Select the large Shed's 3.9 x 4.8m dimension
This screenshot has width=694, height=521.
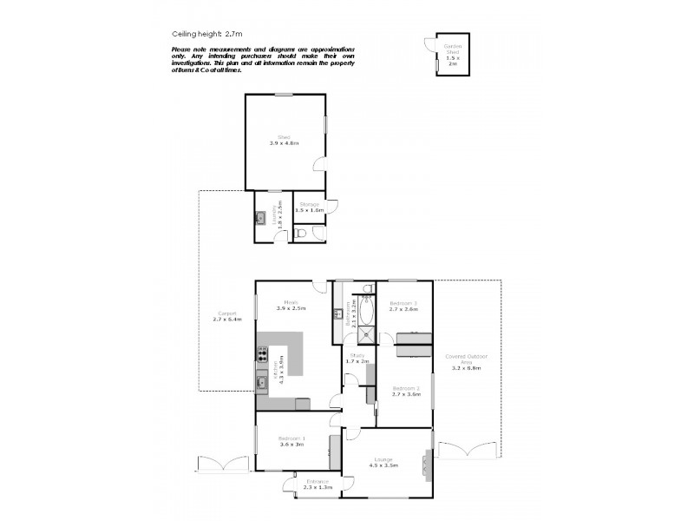(x=284, y=142)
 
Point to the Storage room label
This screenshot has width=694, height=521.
(x=310, y=204)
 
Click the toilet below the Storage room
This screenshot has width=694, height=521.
(x=301, y=233)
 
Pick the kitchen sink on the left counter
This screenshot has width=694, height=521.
(x=261, y=380)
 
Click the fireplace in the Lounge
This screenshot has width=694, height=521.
(x=427, y=465)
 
